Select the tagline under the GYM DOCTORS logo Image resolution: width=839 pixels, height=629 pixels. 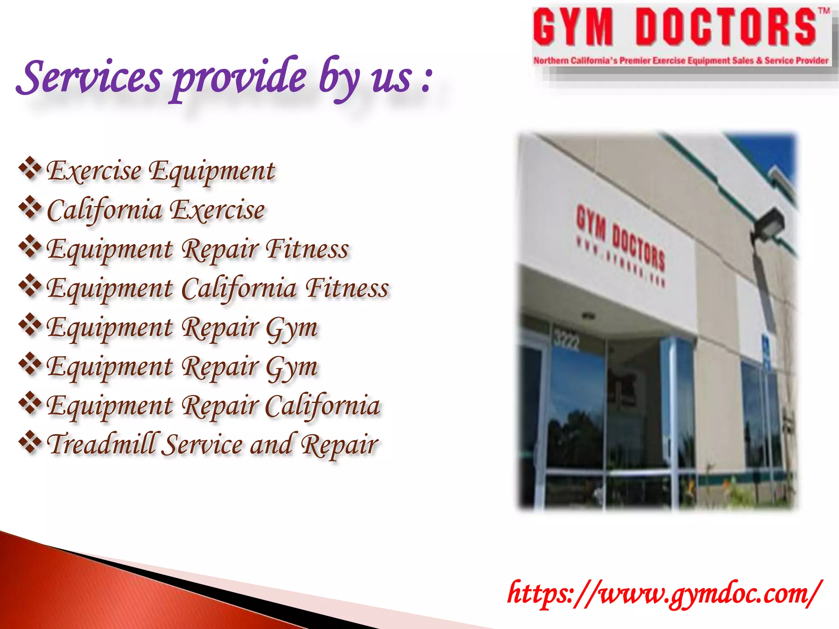point(680,61)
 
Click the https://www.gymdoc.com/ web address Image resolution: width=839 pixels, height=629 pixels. point(664,593)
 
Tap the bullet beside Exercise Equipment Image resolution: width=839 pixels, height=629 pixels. point(30,168)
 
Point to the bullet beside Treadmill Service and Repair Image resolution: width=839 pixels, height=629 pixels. point(30,442)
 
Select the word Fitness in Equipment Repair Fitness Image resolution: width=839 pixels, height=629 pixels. point(307,249)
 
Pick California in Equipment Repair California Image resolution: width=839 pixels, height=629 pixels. point(322,405)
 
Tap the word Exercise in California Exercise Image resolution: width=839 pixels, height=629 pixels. point(217,210)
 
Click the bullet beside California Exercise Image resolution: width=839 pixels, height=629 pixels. point(30,208)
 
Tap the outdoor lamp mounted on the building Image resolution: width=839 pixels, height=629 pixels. point(768,225)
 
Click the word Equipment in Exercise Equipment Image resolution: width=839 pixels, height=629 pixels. point(211,171)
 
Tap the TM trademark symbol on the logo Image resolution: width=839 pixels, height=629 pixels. point(824,11)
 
